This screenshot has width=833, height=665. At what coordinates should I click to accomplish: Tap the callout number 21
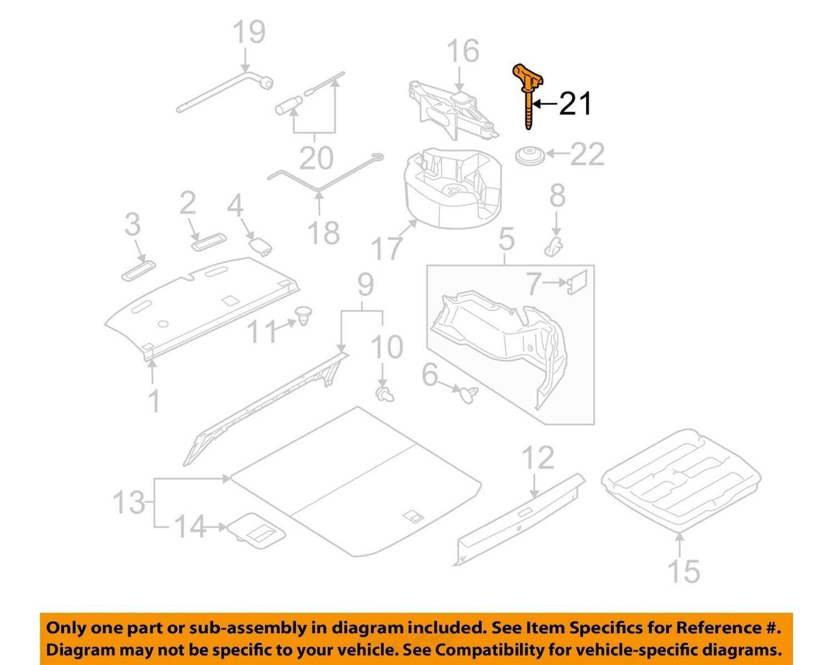(x=575, y=103)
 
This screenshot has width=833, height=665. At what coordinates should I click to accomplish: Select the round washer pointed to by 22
(x=530, y=156)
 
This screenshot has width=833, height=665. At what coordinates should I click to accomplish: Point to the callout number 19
(x=250, y=32)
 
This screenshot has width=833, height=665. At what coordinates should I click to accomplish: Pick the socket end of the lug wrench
(x=266, y=83)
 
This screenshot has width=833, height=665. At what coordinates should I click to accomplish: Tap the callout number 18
(x=323, y=233)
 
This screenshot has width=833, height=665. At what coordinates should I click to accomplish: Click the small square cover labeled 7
(x=577, y=282)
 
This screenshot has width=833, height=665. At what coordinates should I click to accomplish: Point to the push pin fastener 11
(x=303, y=315)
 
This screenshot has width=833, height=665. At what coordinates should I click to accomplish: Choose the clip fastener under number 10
(x=385, y=395)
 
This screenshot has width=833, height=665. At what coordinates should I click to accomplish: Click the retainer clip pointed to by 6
(x=468, y=394)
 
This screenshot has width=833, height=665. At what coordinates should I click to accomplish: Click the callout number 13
(x=129, y=502)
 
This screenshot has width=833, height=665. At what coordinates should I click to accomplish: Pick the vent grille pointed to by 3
(x=138, y=271)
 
